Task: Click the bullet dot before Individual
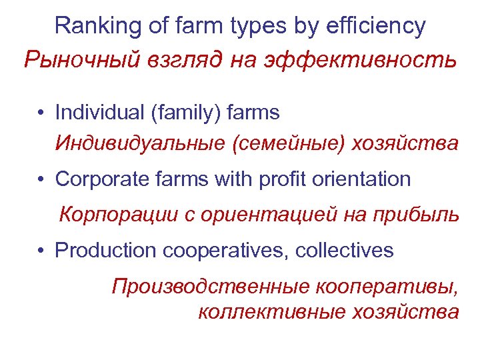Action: point(41,113)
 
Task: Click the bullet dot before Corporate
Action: point(41,180)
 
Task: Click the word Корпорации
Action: point(117,215)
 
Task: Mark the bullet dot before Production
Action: point(41,251)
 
